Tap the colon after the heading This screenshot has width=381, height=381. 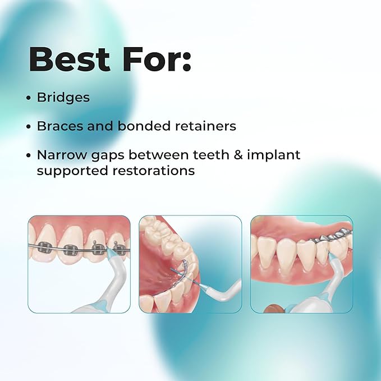(187, 63)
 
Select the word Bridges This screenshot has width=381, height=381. (63, 98)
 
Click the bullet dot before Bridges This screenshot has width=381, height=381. (29, 98)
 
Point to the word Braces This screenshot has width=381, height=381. (60, 126)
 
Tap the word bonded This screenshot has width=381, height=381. (144, 126)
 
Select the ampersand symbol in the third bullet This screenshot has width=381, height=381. (238, 155)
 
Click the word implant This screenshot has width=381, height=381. (274, 155)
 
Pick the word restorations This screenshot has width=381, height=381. (154, 171)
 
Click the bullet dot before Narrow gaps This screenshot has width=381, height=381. (29, 155)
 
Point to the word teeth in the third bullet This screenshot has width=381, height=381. (211, 155)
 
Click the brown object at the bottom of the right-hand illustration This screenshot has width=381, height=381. (273, 309)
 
